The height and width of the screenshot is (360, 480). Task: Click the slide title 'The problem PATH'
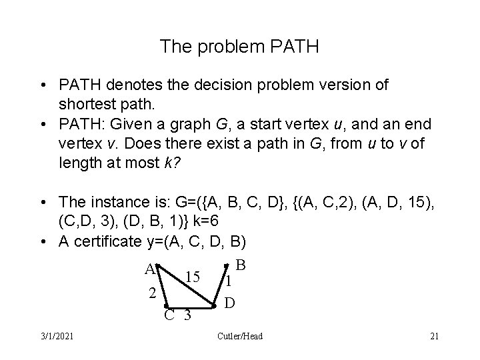[x=239, y=47]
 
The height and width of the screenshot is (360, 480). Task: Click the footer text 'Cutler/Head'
[x=240, y=336]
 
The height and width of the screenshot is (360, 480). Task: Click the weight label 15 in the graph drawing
[x=194, y=276]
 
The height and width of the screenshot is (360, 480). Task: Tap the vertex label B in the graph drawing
[x=241, y=265]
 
